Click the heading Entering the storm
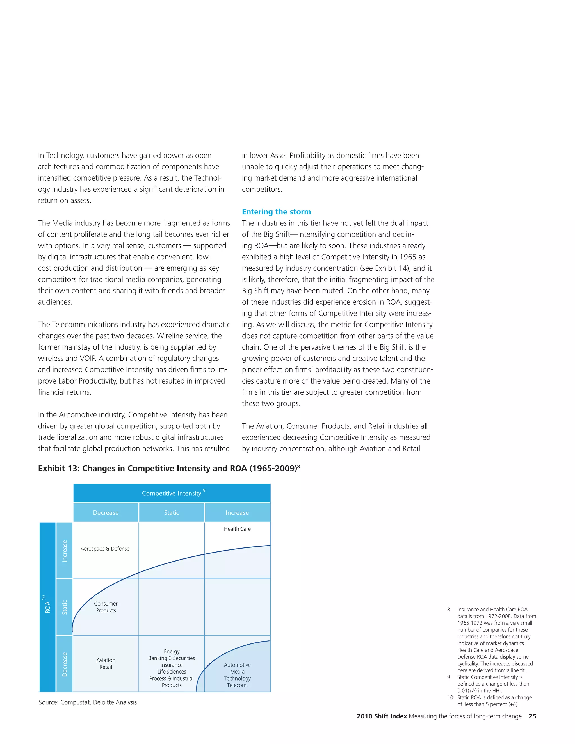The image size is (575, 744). pyautogui.click(x=276, y=212)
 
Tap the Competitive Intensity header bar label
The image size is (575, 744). pyautogui.click(x=172, y=493)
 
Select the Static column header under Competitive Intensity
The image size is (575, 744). pyautogui.click(x=171, y=513)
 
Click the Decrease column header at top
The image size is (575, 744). pyautogui.click(x=106, y=513)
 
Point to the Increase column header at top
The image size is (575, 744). pyautogui.click(x=237, y=513)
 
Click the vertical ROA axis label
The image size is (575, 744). pyautogui.click(x=47, y=607)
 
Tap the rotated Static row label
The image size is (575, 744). pyautogui.click(x=64, y=607)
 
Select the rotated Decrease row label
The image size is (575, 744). pyautogui.click(x=64, y=664)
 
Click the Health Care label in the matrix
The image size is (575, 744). pyautogui.click(x=237, y=529)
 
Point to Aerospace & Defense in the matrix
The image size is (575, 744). pyautogui.click(x=105, y=549)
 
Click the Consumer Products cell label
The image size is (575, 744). pyautogui.click(x=106, y=607)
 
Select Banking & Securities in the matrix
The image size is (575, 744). pyautogui.click(x=171, y=658)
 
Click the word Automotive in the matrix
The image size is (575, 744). pyautogui.click(x=237, y=665)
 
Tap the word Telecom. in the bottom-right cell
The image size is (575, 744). pyautogui.click(x=237, y=685)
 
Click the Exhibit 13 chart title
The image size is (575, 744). pyautogui.click(x=169, y=468)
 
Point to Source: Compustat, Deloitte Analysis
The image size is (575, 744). pyautogui.click(x=88, y=702)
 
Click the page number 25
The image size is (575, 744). pyautogui.click(x=532, y=716)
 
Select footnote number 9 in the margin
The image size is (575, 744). pyautogui.click(x=449, y=677)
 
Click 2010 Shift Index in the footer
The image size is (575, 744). pyautogui.click(x=382, y=716)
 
